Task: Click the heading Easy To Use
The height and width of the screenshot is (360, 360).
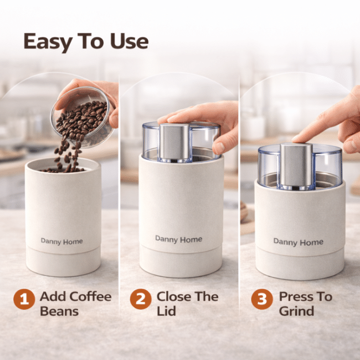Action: click(x=86, y=42)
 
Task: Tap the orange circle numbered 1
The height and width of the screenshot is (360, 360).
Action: click(x=24, y=299)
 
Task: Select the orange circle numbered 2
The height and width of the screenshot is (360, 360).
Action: click(x=141, y=299)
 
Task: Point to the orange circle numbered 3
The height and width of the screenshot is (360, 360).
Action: click(x=262, y=299)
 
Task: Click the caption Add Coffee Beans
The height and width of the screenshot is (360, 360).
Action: click(x=75, y=304)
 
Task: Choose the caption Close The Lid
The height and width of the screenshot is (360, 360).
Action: click(x=187, y=304)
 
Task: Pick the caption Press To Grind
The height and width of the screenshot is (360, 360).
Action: click(x=306, y=304)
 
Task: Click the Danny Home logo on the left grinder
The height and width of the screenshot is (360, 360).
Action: click(x=62, y=241)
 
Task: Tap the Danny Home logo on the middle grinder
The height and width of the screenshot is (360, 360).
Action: click(x=179, y=239)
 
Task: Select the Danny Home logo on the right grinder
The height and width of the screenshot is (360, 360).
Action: click(x=298, y=242)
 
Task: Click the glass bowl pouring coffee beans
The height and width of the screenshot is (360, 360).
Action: click(x=83, y=116)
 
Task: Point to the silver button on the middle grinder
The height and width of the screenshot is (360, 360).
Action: click(x=174, y=142)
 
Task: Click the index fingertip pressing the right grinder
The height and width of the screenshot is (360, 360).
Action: click(x=296, y=139)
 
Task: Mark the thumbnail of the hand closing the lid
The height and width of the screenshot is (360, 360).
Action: click(x=219, y=148)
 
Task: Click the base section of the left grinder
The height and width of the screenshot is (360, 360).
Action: click(x=63, y=262)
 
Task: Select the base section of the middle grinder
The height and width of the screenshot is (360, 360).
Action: click(x=181, y=261)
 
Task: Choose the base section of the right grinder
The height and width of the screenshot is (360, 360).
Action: click(x=300, y=264)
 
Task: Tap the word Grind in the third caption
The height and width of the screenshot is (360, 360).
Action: click(x=296, y=311)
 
